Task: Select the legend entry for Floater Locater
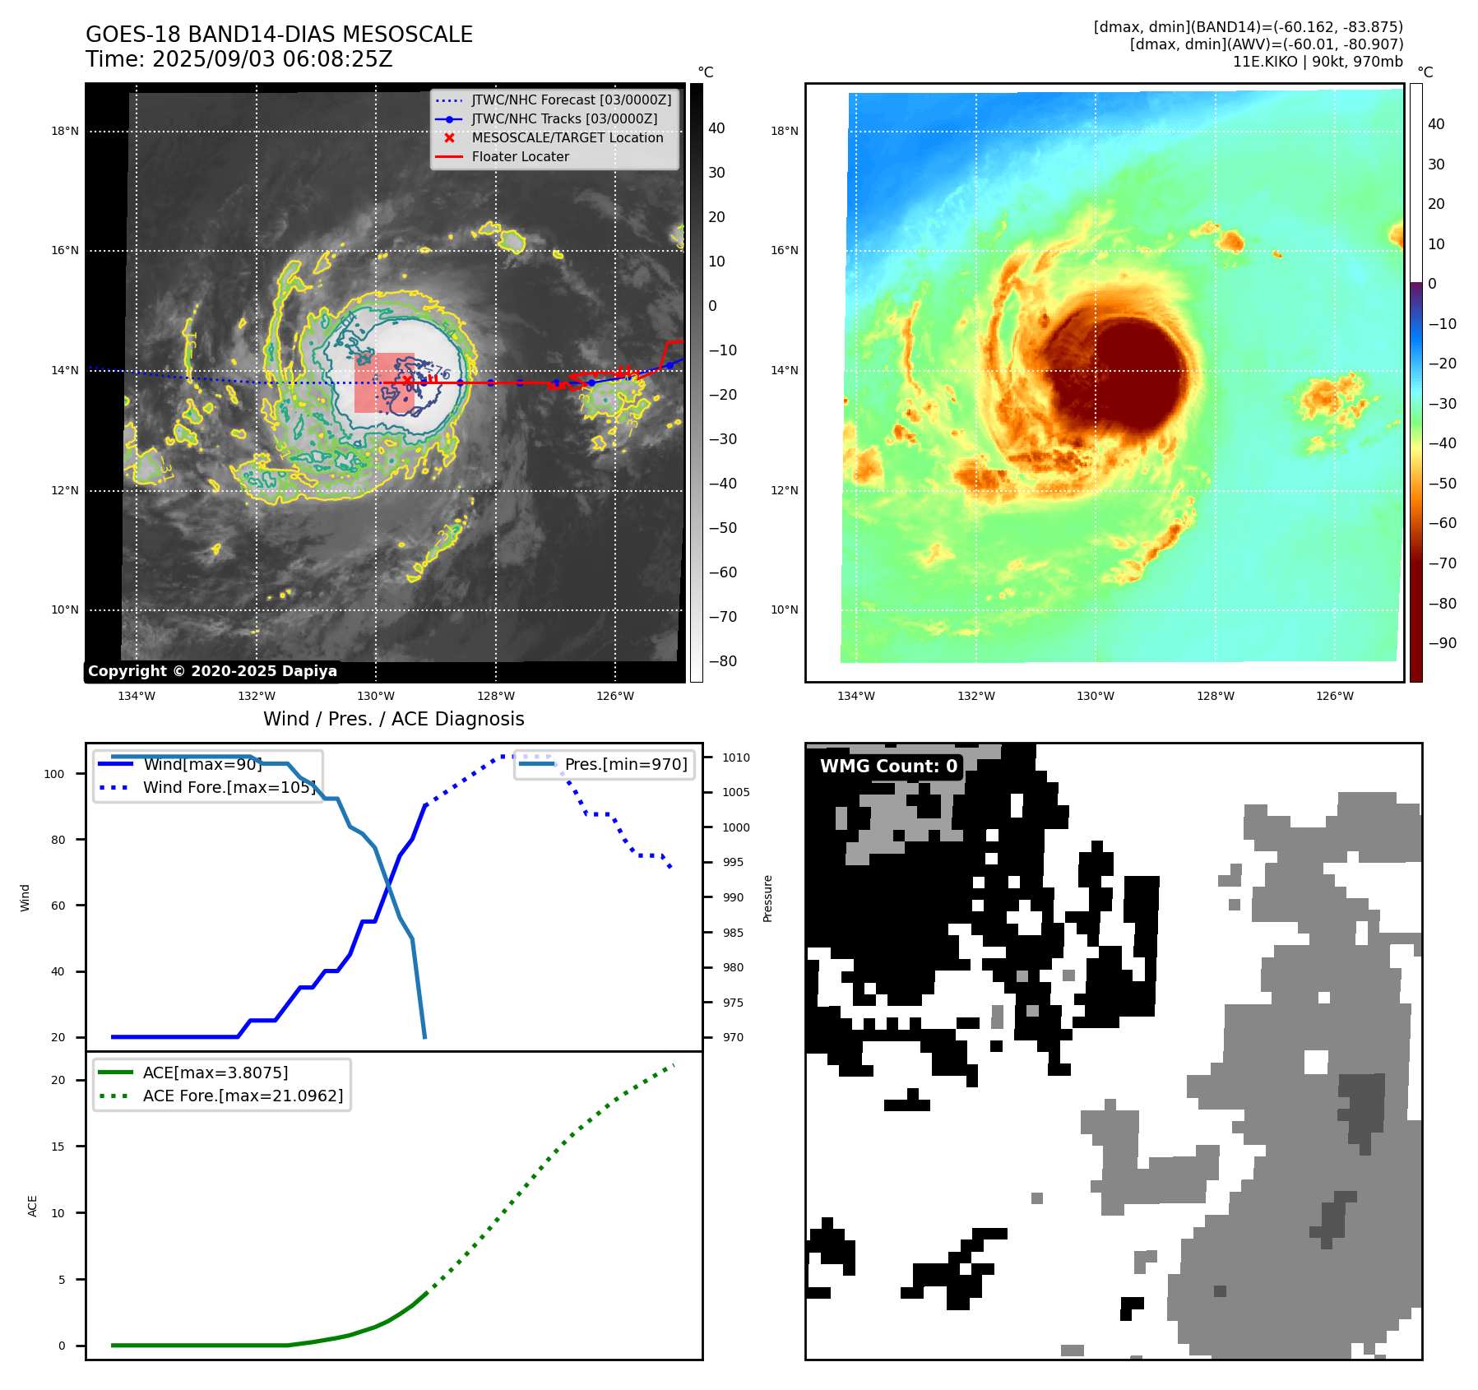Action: pos(520,157)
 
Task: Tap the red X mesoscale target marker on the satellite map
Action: pos(407,379)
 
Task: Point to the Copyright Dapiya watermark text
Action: pos(212,671)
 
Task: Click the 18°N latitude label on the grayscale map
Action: pos(65,132)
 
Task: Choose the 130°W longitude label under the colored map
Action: pos(1096,697)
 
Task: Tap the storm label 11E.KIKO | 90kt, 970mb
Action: pos(1318,62)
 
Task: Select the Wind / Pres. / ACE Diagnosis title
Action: pos(393,719)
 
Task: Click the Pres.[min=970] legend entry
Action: pos(625,765)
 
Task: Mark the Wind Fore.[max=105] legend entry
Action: pos(229,788)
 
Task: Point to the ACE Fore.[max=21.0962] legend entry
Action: pos(243,1096)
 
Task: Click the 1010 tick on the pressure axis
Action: pos(736,758)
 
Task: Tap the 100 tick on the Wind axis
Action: pos(54,774)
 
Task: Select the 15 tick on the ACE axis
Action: pos(58,1147)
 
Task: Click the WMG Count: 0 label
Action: pos(888,767)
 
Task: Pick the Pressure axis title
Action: pos(767,898)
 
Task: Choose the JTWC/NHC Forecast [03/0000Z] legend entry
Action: pos(571,100)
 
